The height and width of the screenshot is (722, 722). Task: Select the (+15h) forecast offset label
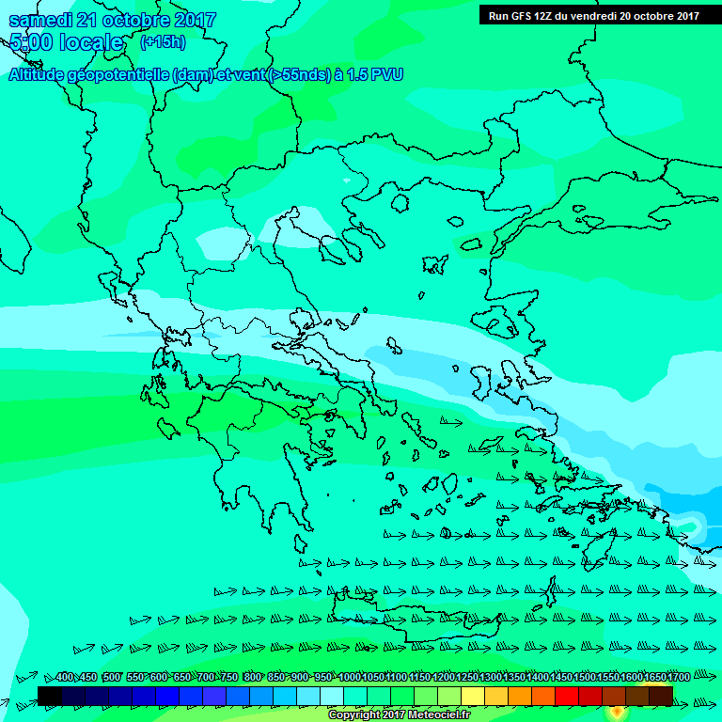[x=163, y=42]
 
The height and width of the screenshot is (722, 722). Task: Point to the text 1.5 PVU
[x=375, y=75]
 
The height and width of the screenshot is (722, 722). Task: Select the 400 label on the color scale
[x=64, y=677]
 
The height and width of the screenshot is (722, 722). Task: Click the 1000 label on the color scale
[x=350, y=677]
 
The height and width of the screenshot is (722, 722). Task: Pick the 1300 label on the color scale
[x=491, y=677]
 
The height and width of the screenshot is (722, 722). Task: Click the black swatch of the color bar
[x=50, y=696]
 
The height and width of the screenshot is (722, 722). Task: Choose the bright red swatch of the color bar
[x=567, y=696]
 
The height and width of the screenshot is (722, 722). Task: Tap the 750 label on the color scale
[x=228, y=677]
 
